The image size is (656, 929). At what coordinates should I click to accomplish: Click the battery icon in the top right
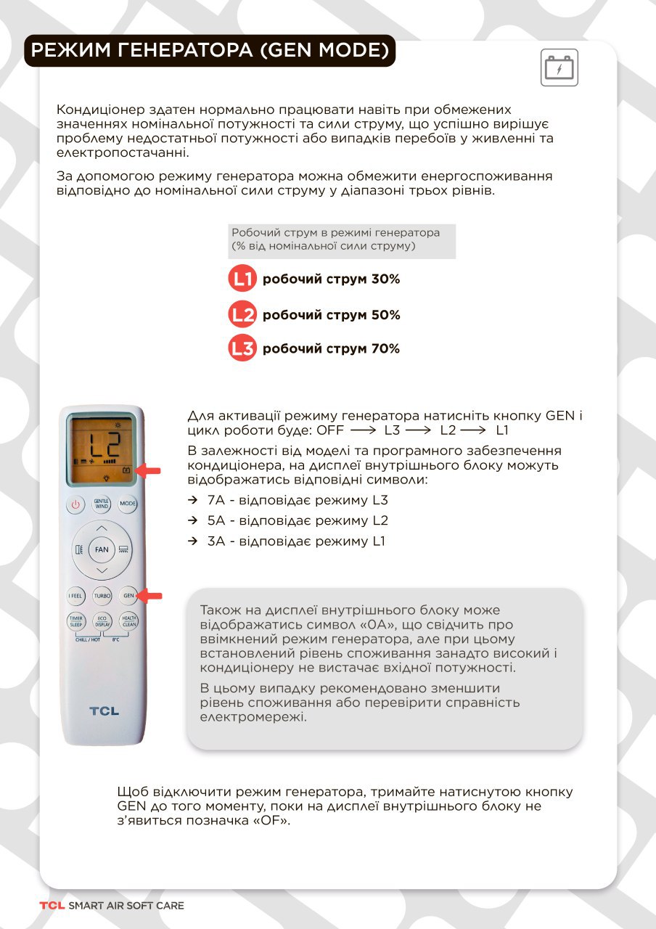pyautogui.click(x=560, y=69)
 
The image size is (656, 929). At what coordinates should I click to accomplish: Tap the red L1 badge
pyautogui.click(x=242, y=279)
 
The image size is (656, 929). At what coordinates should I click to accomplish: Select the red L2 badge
pyautogui.click(x=242, y=314)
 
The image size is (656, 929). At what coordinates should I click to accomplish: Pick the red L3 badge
pyautogui.click(x=242, y=348)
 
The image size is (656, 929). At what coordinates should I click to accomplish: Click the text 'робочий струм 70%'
pyautogui.click(x=331, y=348)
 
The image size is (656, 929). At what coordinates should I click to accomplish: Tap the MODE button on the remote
pyautogui.click(x=128, y=504)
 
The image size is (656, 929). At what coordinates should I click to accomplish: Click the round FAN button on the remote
pyautogui.click(x=102, y=549)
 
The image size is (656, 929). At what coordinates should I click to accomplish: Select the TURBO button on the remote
pyautogui.click(x=102, y=596)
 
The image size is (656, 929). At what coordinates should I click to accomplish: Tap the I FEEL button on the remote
pyautogui.click(x=75, y=596)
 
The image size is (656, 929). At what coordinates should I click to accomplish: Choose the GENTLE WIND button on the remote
pyautogui.click(x=102, y=504)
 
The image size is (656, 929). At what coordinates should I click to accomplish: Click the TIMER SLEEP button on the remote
pyautogui.click(x=75, y=622)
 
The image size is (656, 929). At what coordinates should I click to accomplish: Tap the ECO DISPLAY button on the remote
pyautogui.click(x=102, y=622)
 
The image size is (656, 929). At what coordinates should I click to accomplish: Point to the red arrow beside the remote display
pyautogui.click(x=149, y=471)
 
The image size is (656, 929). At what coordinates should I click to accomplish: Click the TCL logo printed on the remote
pyautogui.click(x=104, y=711)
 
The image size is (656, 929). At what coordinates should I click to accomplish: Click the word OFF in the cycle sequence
pyautogui.click(x=330, y=430)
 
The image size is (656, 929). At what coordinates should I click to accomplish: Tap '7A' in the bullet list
pyautogui.click(x=216, y=500)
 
